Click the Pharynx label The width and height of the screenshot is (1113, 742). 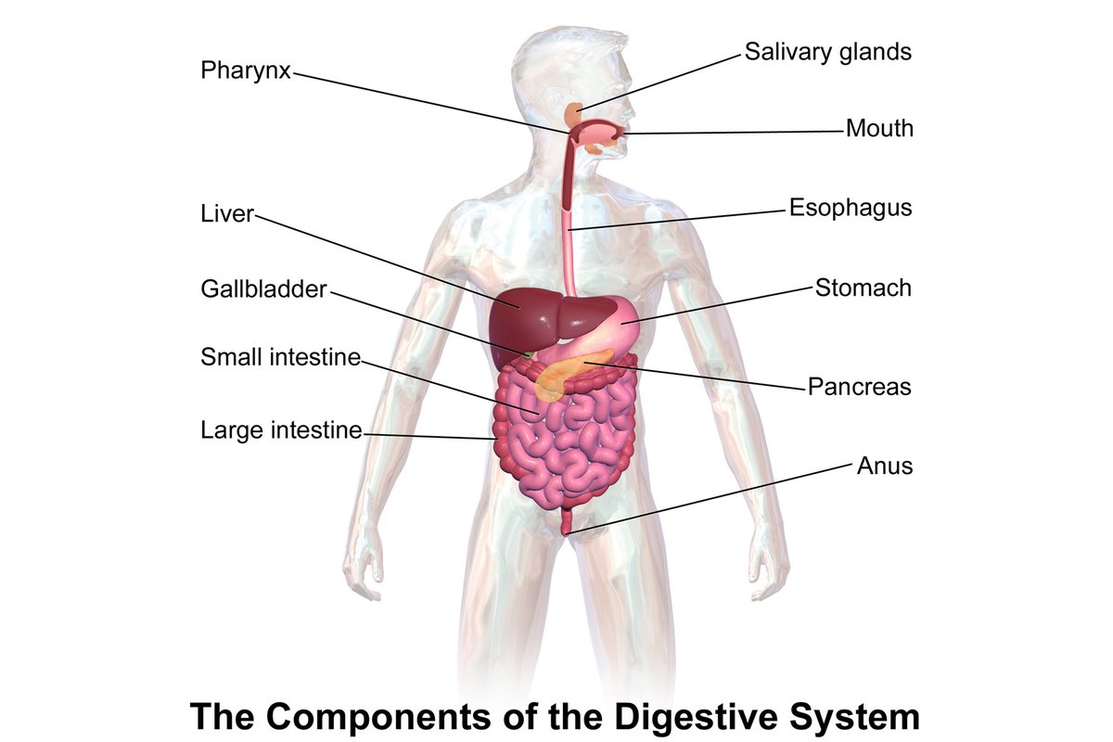click(246, 71)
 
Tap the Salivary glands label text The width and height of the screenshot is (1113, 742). click(827, 53)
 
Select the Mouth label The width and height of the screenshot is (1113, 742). click(879, 129)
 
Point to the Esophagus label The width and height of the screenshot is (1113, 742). click(851, 209)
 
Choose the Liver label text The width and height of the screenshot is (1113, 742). click(227, 214)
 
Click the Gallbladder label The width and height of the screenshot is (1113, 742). click(263, 289)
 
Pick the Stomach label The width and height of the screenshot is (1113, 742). click(864, 288)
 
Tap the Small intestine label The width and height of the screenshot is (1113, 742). click(280, 357)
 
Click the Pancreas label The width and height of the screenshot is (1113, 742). click(860, 387)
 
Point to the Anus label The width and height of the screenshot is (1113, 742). click(885, 467)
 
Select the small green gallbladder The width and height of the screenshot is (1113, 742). click(528, 355)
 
